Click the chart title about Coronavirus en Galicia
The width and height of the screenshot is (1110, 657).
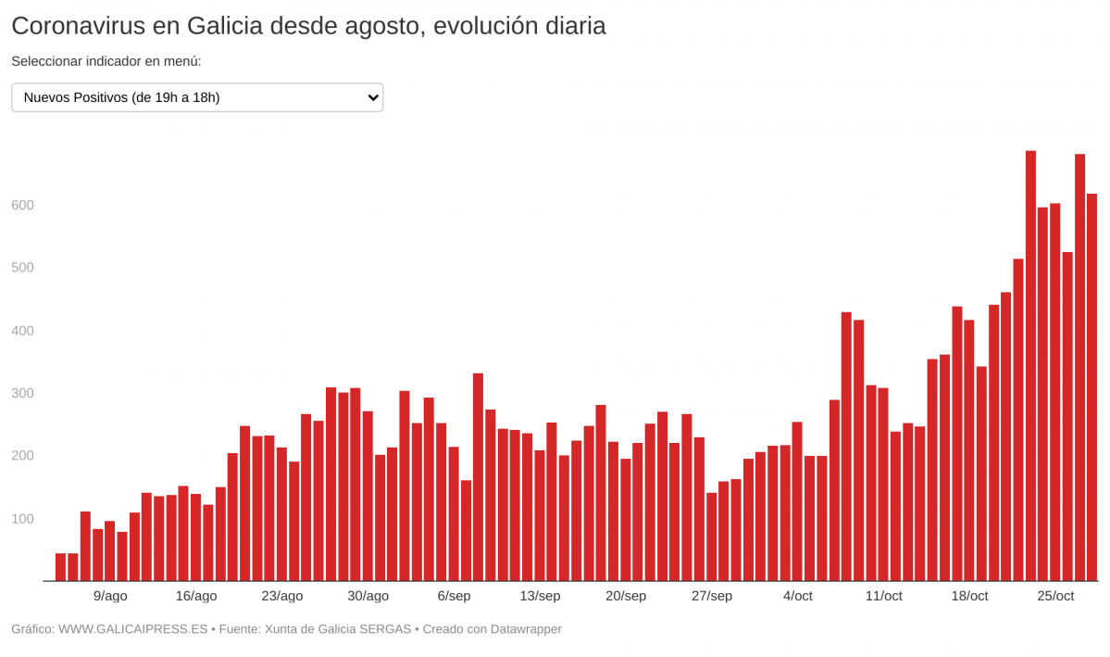click(308, 26)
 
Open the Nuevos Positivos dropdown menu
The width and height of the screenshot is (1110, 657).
click(197, 97)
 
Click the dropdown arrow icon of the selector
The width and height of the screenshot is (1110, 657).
click(373, 97)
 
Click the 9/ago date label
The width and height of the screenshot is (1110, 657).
click(110, 596)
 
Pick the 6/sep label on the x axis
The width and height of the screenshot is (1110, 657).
click(454, 596)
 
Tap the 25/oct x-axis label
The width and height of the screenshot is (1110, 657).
click(1055, 596)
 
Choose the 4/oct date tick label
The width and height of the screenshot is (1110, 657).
click(797, 596)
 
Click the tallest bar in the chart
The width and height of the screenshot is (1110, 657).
click(1030, 366)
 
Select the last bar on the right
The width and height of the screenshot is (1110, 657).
click(1091, 387)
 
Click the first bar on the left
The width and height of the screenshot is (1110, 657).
click(61, 567)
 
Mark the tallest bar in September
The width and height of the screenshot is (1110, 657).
click(478, 477)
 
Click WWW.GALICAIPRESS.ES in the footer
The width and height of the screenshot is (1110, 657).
click(132, 629)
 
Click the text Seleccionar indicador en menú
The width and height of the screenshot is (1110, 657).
click(106, 61)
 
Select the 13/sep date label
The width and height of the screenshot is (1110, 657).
click(540, 596)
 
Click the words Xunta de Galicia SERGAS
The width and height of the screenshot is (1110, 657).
click(338, 629)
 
